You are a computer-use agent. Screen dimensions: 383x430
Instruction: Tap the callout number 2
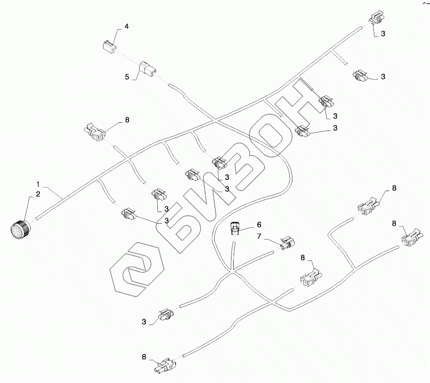[x=38, y=195]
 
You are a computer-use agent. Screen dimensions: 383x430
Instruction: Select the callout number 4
[x=126, y=27]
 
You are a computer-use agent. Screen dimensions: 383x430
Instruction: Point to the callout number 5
[x=127, y=77]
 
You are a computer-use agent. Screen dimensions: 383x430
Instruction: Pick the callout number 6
[x=259, y=224]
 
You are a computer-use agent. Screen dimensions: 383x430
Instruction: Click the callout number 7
[x=259, y=236]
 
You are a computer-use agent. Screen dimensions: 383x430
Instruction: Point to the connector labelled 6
[x=235, y=227]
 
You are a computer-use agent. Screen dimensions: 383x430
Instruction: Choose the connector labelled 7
[x=286, y=243]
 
